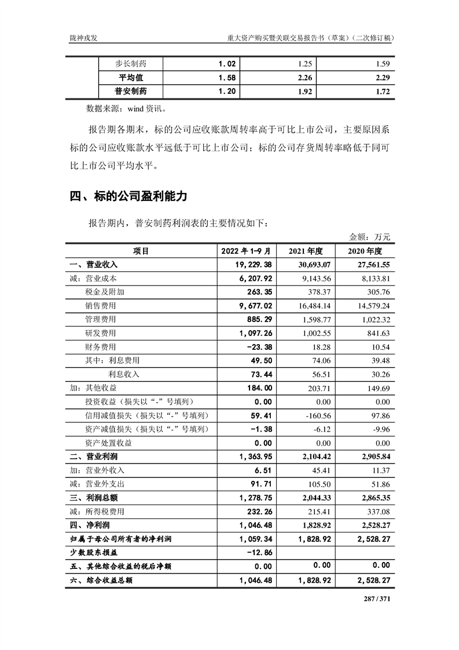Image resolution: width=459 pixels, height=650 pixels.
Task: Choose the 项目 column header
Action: [x=141, y=251]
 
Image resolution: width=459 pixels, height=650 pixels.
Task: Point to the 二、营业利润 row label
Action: [x=93, y=457]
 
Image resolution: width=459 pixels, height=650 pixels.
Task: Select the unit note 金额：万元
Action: [x=370, y=236]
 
